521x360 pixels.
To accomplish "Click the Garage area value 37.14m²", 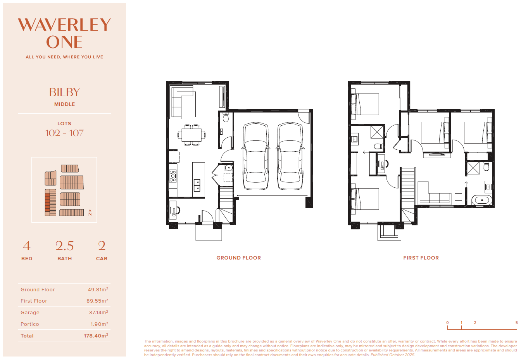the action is [98, 312].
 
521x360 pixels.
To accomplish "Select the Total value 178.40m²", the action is [96, 336].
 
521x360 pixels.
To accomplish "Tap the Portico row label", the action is [30, 324].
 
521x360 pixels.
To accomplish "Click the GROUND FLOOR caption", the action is [239, 258].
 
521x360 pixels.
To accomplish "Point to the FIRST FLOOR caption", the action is [421, 258].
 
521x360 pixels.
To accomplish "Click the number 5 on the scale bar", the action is [517, 322].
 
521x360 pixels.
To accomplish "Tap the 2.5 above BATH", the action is [64, 246].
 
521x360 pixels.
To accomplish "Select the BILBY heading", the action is [64, 92].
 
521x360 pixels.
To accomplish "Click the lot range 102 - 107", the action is [64, 133].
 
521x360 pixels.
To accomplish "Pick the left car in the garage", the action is [255, 156].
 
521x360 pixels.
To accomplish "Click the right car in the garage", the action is [290, 156].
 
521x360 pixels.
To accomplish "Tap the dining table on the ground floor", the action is [191, 135].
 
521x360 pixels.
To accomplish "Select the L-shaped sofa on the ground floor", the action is [183, 102].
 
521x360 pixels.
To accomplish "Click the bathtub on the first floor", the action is [482, 200].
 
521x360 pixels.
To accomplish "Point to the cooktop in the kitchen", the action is [173, 176].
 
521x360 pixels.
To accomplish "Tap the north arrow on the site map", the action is [90, 213].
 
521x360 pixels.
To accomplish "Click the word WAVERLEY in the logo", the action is [64, 25].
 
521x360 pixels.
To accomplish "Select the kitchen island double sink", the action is [197, 185].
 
